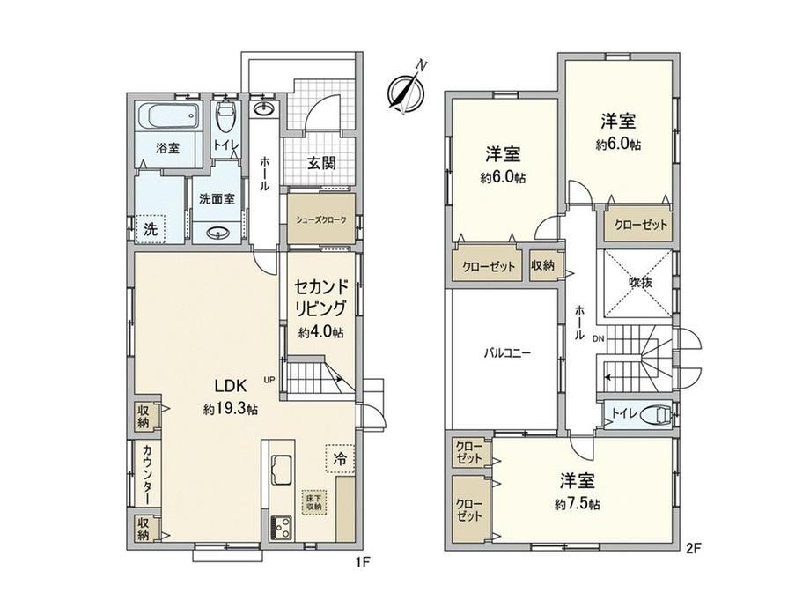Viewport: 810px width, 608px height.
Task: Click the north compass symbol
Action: pos(406,92)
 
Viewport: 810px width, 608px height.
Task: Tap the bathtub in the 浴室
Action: pos(168,115)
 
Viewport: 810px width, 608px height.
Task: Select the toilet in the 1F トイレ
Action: pos(225,117)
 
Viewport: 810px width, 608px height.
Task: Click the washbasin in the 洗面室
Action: pos(217,234)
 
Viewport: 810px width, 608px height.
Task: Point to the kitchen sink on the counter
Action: pos(282,469)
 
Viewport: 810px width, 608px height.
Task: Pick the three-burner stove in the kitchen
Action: pos(282,529)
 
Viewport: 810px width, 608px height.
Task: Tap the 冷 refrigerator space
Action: pos(340,458)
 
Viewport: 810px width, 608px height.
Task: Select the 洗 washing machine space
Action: pos(151,229)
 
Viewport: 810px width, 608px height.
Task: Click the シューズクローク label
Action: pos(320,219)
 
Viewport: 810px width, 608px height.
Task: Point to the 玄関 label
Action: pos(321,163)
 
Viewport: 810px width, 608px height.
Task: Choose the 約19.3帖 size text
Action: pos(231,410)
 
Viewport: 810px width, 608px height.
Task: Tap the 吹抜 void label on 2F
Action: pos(640,282)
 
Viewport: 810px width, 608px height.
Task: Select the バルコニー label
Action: pos(508,353)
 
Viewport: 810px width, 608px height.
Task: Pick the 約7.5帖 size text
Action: pos(578,504)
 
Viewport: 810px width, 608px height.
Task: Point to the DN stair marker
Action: pos(598,339)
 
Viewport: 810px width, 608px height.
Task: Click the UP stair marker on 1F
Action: pos(269,380)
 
